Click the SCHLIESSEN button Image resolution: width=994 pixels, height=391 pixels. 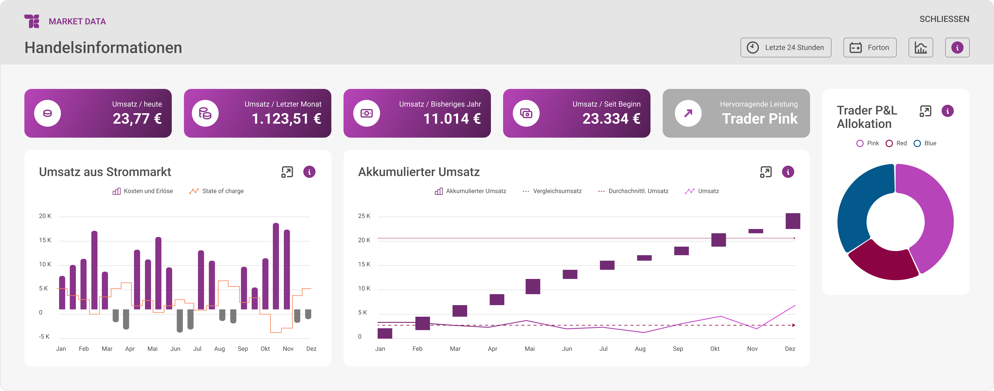944,19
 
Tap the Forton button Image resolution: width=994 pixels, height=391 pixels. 870,48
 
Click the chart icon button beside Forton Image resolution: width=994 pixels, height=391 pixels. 921,48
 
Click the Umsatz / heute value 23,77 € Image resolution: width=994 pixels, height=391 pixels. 137,118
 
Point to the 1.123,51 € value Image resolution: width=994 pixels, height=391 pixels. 286,118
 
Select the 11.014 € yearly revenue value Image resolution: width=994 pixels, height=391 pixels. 452,118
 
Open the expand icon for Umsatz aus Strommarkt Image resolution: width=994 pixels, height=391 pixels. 287,172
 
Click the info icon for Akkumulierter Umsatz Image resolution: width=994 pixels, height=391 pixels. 788,172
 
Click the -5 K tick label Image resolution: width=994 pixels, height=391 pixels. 44,337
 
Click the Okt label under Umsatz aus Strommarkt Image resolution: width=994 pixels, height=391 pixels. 265,349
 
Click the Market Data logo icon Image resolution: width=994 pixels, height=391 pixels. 32,21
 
